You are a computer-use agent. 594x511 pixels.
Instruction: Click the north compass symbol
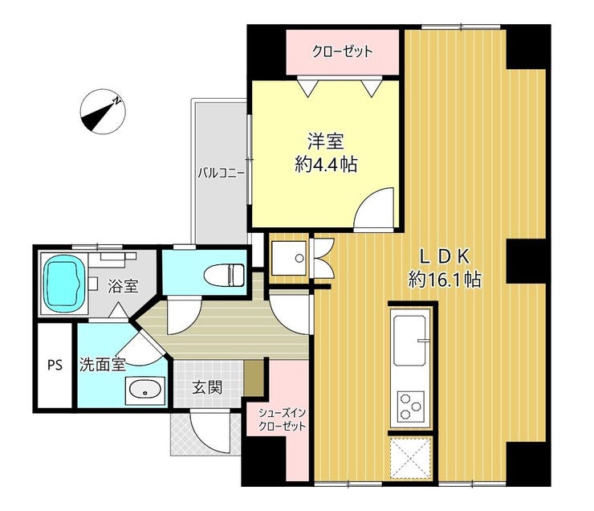(x=103, y=112)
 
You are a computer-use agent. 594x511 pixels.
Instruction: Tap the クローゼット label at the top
(x=342, y=51)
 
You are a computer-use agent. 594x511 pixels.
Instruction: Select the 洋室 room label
(x=325, y=141)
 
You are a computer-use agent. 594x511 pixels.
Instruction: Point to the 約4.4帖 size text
(x=326, y=165)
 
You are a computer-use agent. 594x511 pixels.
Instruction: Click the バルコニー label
(x=222, y=174)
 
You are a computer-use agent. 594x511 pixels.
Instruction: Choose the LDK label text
(x=445, y=256)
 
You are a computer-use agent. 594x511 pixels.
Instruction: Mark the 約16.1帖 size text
(x=445, y=280)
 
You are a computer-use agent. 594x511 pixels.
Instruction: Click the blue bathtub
(x=63, y=282)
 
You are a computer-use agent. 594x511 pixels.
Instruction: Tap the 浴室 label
(x=123, y=286)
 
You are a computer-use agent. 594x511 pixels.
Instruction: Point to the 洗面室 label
(x=102, y=365)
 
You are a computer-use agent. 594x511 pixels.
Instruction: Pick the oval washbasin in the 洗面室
(x=145, y=390)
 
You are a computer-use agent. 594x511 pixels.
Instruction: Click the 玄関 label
(x=207, y=387)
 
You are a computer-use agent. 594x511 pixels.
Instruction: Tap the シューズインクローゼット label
(x=282, y=419)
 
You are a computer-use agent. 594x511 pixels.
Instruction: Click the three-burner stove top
(x=410, y=407)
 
